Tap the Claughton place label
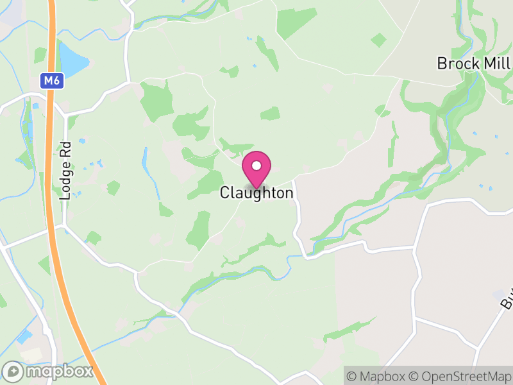point(256,193)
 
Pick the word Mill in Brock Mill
point(497,64)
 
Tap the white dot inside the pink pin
point(256,166)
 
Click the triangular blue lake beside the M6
point(72,59)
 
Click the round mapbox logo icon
point(13,371)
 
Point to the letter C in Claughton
point(224,193)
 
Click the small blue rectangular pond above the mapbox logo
point(24,336)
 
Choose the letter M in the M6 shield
point(48,81)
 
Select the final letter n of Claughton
point(289,193)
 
